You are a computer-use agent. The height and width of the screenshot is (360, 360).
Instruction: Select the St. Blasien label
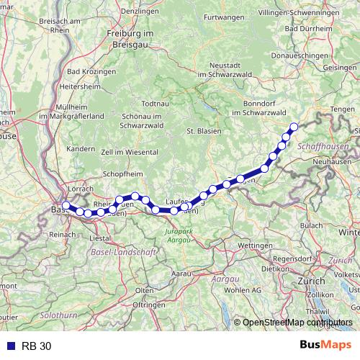click(x=202, y=131)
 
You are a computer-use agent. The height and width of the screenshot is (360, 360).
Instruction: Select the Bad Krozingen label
click(x=91, y=72)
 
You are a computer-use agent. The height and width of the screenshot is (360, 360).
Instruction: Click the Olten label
click(x=145, y=289)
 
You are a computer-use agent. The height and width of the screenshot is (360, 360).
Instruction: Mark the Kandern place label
click(x=80, y=148)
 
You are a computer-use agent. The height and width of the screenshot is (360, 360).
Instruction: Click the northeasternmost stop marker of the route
click(x=294, y=127)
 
